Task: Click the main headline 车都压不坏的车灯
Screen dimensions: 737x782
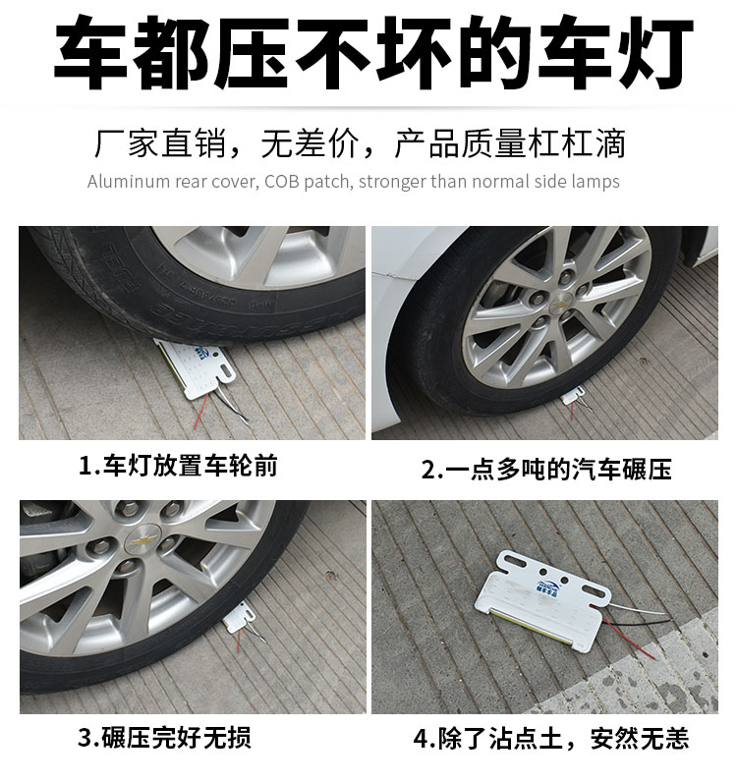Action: click(x=372, y=53)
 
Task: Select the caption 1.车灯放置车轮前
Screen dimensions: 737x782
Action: click(x=178, y=466)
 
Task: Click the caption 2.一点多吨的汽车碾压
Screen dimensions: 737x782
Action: click(x=546, y=469)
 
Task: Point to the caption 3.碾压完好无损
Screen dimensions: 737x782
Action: click(x=164, y=738)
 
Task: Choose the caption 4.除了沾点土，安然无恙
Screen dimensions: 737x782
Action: click(x=551, y=738)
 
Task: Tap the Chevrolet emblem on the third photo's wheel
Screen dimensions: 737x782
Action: click(x=142, y=539)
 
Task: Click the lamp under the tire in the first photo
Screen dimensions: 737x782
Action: click(x=196, y=367)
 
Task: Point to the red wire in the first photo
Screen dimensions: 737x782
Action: click(x=200, y=411)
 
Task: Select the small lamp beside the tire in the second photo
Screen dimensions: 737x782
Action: click(x=573, y=397)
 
